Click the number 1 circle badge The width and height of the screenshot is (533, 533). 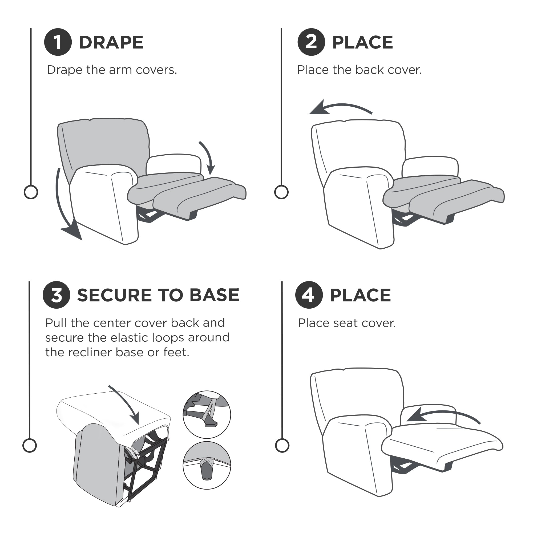(x=58, y=42)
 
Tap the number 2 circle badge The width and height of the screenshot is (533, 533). (x=311, y=42)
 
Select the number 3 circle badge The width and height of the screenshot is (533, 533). (x=56, y=295)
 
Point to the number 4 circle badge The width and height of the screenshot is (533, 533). (x=309, y=295)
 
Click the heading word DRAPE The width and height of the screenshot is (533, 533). (x=111, y=42)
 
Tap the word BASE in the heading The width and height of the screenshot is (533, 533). (x=215, y=295)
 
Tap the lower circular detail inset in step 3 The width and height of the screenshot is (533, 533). (x=207, y=465)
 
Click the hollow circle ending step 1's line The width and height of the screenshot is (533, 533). (x=31, y=192)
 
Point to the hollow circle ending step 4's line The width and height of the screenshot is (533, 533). (x=282, y=445)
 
